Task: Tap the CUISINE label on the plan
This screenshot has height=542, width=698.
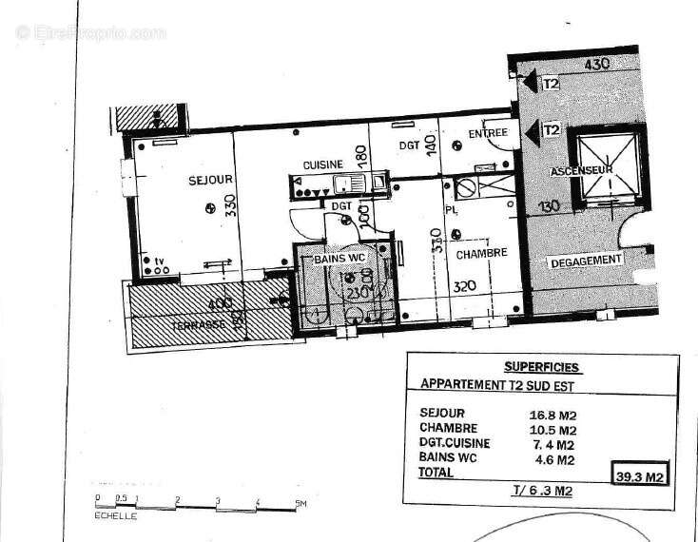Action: (x=322, y=165)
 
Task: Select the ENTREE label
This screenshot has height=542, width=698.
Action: (x=488, y=132)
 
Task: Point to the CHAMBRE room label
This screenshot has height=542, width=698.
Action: (x=482, y=254)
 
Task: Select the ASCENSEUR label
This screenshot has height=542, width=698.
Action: (x=580, y=171)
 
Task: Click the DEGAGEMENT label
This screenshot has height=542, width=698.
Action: (x=584, y=259)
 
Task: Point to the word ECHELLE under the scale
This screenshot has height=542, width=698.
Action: (x=115, y=516)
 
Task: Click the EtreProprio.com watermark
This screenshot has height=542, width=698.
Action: (x=90, y=31)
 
